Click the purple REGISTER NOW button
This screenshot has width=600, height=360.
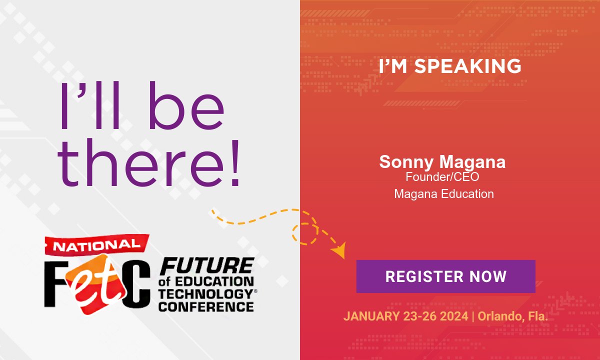point(445,276)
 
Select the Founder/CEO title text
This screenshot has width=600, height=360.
point(442,176)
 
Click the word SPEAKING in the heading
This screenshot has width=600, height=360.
point(469,66)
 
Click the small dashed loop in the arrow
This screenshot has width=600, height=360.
point(305,233)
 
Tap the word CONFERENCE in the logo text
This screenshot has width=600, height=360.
point(205,306)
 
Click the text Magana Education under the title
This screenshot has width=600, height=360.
point(444,193)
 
